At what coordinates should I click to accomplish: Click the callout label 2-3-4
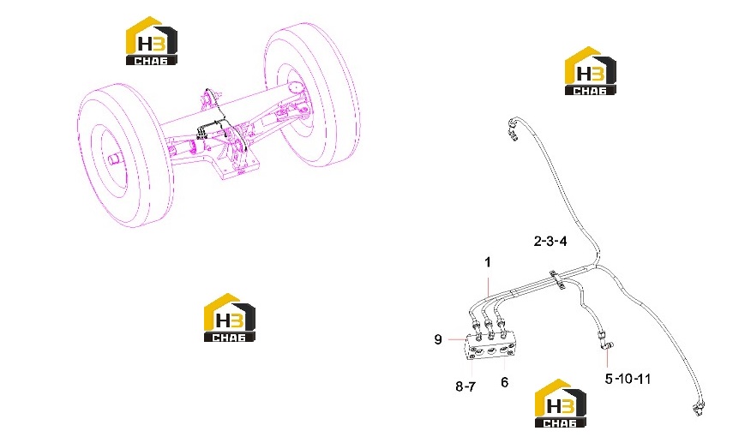(550, 241)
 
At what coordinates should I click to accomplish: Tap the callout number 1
(488, 262)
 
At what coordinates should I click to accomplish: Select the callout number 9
(438, 339)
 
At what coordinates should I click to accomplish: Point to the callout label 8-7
(466, 386)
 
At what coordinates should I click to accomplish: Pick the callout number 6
(504, 382)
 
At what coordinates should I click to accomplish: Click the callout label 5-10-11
(628, 379)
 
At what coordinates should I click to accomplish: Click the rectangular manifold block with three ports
(489, 345)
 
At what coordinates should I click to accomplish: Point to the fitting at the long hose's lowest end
(698, 408)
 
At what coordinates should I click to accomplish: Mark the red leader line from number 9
(456, 339)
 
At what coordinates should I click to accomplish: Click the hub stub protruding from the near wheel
(115, 159)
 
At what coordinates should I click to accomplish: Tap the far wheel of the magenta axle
(312, 94)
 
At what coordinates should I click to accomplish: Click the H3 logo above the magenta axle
(152, 41)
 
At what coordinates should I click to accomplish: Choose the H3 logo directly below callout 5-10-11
(561, 403)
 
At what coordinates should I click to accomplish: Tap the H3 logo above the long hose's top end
(591, 71)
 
